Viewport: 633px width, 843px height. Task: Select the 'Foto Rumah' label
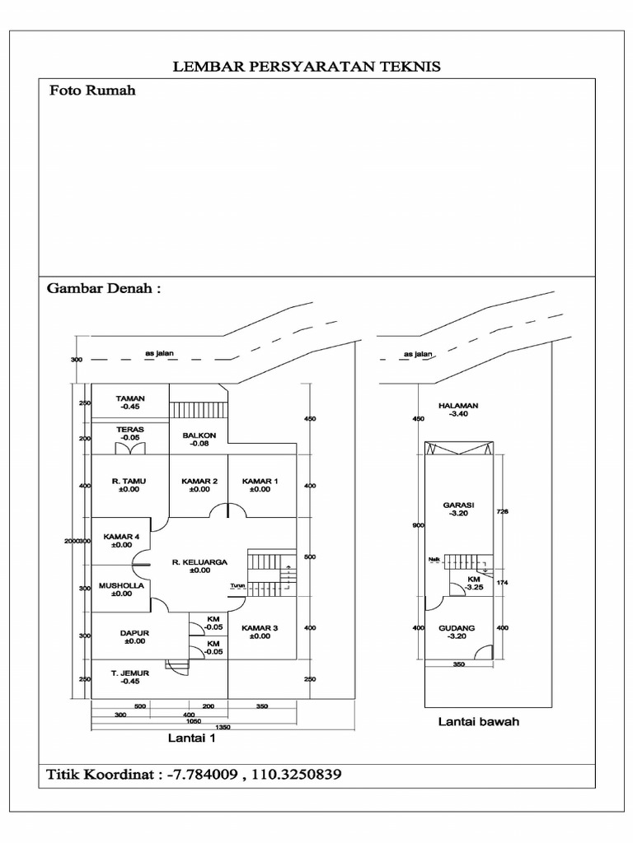91,91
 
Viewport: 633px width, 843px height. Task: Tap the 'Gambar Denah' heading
103,290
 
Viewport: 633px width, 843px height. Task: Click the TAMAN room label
130,398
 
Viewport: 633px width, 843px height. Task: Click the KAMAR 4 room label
120,537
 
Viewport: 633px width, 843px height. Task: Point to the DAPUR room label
133,633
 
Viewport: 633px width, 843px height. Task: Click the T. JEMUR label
129,673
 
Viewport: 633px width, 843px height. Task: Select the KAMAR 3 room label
260,628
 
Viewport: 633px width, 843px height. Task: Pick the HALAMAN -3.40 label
458,406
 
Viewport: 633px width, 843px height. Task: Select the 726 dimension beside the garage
503,511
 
